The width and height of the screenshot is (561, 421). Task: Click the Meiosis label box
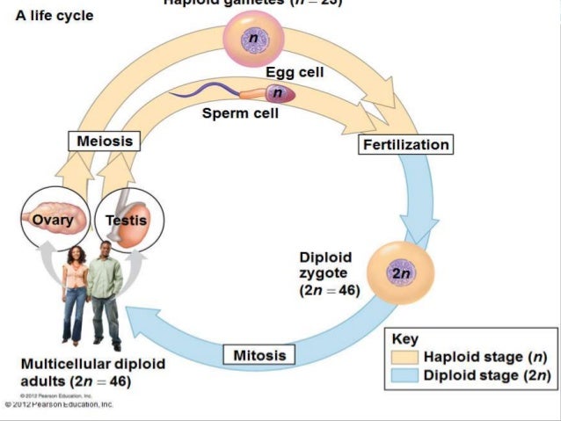105,141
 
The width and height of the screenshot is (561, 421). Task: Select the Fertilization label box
405,144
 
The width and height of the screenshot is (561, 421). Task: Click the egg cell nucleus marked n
253,38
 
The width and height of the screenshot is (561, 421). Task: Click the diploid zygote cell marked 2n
401,272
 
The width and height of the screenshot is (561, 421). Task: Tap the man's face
107,252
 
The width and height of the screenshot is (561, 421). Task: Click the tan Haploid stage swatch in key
406,358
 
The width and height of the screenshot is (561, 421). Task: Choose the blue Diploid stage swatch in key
406,376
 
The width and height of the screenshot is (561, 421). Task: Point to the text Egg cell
295,73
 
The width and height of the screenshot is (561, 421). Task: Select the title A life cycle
55,17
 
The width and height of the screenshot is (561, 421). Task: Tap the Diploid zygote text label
328,272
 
